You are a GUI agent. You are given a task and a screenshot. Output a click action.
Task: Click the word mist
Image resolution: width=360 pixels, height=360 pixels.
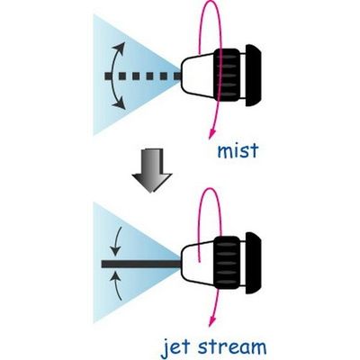(x=238, y=151)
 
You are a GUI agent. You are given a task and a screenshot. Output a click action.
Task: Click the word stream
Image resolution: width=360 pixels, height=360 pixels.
(x=232, y=347)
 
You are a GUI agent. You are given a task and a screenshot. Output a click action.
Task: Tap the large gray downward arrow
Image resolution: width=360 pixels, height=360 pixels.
(x=152, y=170)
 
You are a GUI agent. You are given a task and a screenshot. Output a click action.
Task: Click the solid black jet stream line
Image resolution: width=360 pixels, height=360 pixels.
(x=141, y=264)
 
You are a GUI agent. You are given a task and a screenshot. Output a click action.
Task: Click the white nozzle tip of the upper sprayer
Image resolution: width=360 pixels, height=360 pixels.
(x=198, y=76)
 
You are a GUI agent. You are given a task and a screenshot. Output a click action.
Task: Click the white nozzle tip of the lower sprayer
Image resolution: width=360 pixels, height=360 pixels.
(x=198, y=264)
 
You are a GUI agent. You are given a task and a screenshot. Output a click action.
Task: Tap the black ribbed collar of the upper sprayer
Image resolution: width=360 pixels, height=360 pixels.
(x=227, y=75)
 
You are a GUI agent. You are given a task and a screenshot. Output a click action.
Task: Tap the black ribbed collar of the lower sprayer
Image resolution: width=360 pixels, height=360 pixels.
(x=227, y=263)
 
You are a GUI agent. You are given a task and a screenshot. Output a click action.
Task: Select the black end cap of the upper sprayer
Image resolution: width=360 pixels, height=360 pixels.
(x=254, y=76)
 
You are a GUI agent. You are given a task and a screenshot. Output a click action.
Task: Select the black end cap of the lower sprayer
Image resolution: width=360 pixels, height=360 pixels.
(x=254, y=263)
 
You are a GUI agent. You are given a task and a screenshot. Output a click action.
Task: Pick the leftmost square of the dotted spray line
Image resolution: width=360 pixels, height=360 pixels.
(x=108, y=76)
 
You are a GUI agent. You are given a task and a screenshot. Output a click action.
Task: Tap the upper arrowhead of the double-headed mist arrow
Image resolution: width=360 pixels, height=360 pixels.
(x=121, y=47)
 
